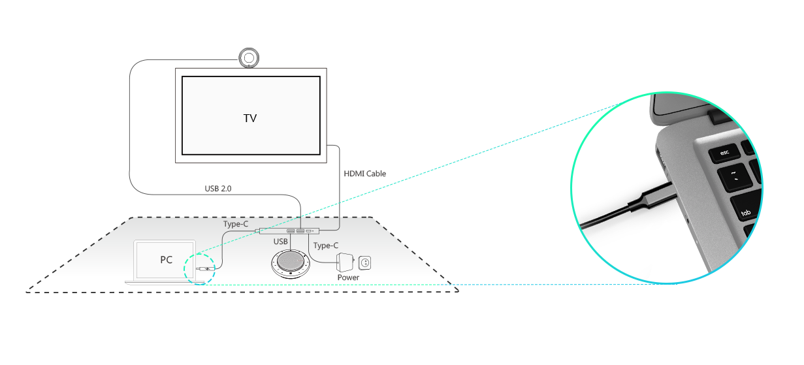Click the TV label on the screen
[249, 118]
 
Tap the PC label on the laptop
[167, 260]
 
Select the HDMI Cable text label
[364, 174]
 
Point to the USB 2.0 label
[218, 189]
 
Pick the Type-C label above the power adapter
[326, 246]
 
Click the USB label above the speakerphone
[280, 242]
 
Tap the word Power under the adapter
[348, 278]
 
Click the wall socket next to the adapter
[365, 263]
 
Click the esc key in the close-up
[724, 153]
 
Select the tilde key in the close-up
[735, 176]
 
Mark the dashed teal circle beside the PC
[200, 268]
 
